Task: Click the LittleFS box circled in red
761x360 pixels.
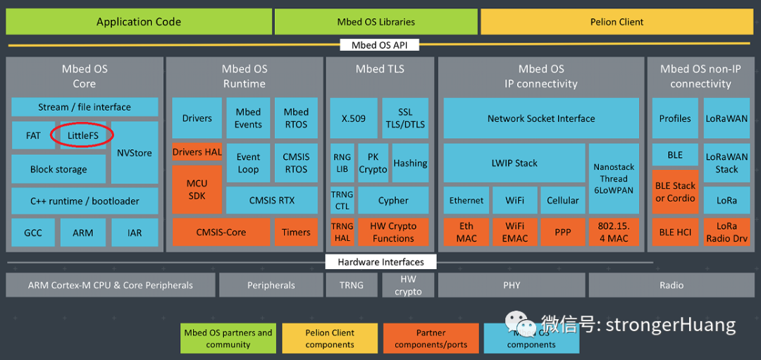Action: click(x=83, y=135)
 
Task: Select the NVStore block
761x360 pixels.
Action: click(x=135, y=152)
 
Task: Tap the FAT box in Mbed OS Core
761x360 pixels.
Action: click(x=33, y=135)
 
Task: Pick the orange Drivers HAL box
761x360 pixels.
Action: click(x=197, y=152)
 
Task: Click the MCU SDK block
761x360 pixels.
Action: click(x=197, y=189)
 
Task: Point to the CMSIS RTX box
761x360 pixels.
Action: click(x=271, y=200)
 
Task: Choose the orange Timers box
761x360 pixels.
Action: click(x=296, y=232)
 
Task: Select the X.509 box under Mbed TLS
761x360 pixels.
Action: click(x=353, y=118)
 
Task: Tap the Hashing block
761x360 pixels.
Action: click(x=410, y=163)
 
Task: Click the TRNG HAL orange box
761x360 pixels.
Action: click(x=342, y=232)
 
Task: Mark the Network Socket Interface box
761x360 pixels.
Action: click(x=541, y=118)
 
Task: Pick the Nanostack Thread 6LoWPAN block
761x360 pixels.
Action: click(x=614, y=178)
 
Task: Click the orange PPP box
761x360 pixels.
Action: click(x=563, y=232)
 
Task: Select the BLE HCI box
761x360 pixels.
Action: click(x=675, y=232)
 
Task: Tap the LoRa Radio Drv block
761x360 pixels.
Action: click(x=726, y=232)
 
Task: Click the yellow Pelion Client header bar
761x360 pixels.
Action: click(x=617, y=22)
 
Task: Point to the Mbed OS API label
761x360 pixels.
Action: click(x=379, y=45)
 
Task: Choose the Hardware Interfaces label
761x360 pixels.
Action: click(x=380, y=262)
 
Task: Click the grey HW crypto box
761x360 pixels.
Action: click(x=408, y=285)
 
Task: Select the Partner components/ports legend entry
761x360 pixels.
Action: click(x=431, y=338)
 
